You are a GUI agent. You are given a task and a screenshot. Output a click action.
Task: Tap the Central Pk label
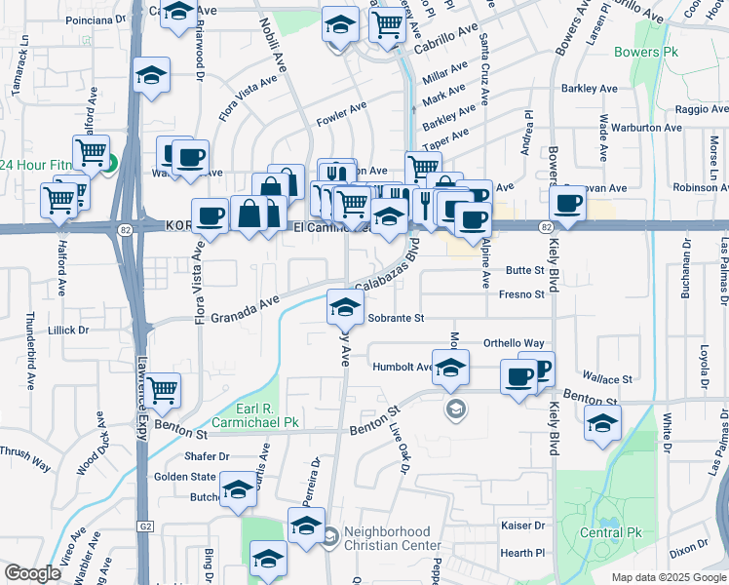613,532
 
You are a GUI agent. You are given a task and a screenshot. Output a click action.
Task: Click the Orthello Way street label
514,343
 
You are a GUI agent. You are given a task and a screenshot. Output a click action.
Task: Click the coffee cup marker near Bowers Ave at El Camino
567,204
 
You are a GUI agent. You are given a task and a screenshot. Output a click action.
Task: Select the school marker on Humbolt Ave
450,369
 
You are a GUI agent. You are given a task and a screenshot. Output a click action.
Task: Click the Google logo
32,573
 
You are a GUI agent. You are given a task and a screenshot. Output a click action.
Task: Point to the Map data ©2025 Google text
669,577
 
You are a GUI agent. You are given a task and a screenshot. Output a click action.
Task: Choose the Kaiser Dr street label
522,525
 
